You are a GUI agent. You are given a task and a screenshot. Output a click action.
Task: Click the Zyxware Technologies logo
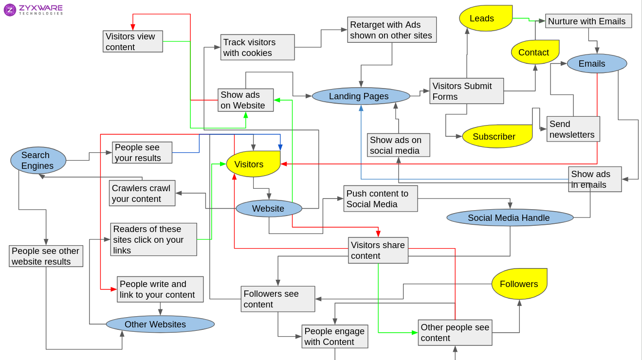[33, 10]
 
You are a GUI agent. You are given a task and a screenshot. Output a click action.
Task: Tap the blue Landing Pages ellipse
[361, 96]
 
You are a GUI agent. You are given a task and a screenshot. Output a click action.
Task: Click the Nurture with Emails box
[588, 21]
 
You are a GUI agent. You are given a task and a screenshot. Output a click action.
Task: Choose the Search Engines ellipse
[38, 161]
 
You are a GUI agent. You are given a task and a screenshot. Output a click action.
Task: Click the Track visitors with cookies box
[257, 47]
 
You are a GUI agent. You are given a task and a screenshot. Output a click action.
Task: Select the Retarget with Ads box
[392, 30]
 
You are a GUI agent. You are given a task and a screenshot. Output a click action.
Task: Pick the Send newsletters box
[573, 129]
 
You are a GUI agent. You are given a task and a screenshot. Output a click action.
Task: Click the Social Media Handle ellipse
[510, 218]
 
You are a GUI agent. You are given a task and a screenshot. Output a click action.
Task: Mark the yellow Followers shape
[519, 284]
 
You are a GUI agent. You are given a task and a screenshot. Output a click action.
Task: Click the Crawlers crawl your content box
[142, 193]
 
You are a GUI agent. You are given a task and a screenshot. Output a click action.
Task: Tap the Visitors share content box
[378, 250]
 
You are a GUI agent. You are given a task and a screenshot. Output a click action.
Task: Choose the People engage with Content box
[334, 336]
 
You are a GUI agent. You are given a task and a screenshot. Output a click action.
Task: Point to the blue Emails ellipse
[597, 64]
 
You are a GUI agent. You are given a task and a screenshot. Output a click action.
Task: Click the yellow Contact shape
[534, 52]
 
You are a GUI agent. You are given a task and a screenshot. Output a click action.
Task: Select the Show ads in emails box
[595, 179]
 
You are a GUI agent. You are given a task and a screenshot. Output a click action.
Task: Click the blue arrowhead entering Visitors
[280, 147]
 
